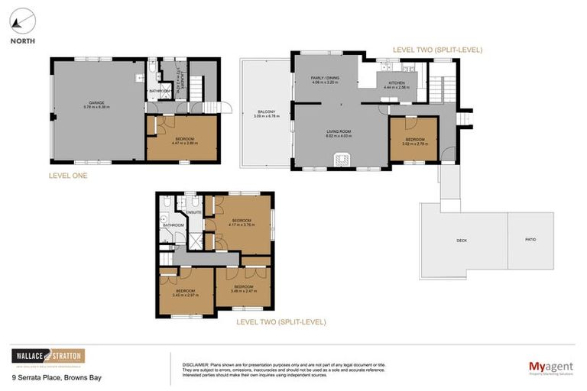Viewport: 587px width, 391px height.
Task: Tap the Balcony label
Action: [267, 115]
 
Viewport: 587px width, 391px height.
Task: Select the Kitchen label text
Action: [397, 82]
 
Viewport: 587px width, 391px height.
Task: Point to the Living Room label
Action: [339, 131]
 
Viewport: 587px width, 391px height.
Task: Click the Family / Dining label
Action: [325, 78]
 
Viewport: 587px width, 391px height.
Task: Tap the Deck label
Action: [462, 241]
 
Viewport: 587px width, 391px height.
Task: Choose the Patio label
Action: [530, 240]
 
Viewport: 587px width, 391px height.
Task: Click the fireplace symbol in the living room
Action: [340, 158]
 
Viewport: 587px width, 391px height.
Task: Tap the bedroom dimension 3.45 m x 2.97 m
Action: [186, 295]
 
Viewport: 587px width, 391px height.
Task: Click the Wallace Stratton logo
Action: [48, 357]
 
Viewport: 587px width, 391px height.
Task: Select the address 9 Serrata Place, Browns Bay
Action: [56, 378]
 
